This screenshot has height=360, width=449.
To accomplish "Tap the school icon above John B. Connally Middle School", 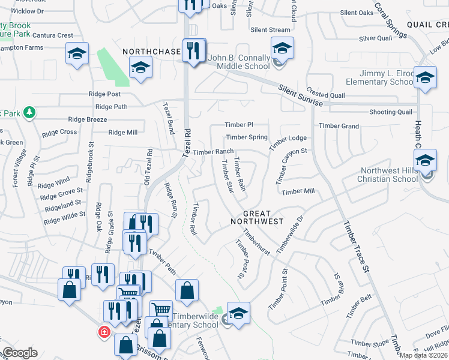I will point(282,47).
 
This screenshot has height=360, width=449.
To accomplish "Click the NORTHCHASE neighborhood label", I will point(152,52).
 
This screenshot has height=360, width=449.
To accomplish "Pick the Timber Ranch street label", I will point(213,152).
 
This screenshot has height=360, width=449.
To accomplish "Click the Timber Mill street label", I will point(298,191).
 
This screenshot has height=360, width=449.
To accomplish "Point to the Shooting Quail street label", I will point(391,112).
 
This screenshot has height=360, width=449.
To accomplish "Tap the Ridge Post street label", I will point(105,94).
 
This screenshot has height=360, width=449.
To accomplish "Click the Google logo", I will point(19,353).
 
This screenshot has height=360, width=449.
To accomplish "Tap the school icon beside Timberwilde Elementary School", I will point(238,313).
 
